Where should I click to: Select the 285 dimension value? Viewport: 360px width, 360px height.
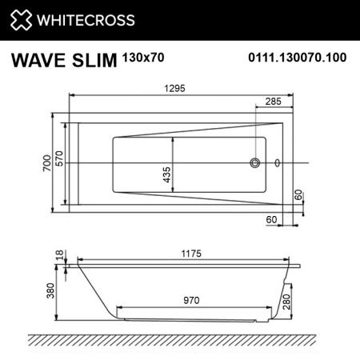[x=273, y=102]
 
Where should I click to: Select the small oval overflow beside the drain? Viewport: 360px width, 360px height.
[x=278, y=163]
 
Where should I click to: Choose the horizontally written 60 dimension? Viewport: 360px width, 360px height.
[x=271, y=218]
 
